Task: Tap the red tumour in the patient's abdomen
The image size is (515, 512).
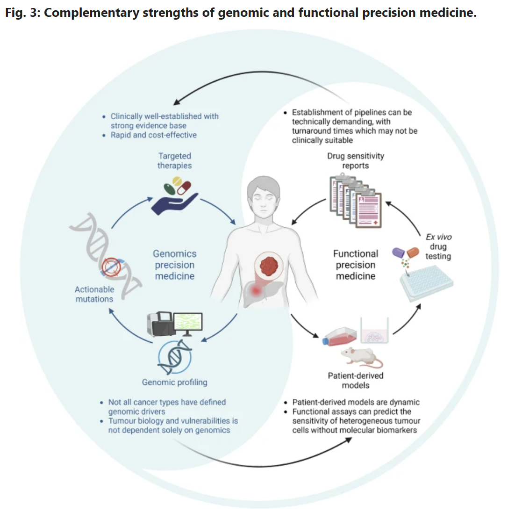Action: click(269, 267)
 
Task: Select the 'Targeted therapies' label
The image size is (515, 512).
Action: click(174, 161)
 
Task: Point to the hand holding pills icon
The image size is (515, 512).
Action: click(175, 199)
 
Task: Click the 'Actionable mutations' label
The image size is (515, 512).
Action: click(94, 294)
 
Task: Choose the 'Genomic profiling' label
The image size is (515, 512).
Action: click(174, 382)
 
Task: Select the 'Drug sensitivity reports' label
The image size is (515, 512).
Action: click(356, 161)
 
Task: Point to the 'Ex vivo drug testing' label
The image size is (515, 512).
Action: click(438, 246)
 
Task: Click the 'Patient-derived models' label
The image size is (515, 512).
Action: click(356, 380)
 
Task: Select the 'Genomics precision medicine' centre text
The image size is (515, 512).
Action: click(175, 265)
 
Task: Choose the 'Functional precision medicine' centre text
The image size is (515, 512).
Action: click(356, 265)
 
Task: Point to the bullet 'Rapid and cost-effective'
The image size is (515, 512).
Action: click(153, 135)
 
